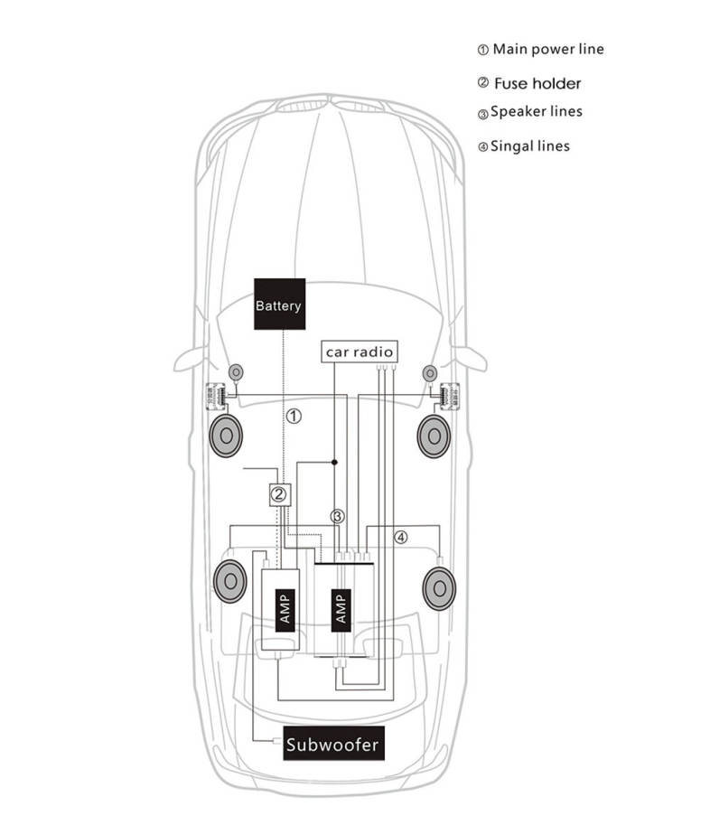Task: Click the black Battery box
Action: click(278, 305)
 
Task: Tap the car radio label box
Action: click(360, 352)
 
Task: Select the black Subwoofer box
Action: click(332, 745)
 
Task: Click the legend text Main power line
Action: click(547, 49)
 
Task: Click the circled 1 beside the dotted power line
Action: click(294, 417)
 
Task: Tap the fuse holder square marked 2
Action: click(279, 494)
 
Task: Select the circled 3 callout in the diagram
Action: click(337, 518)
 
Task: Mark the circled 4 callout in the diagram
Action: click(401, 537)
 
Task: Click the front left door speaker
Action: click(226, 436)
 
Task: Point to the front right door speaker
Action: click(434, 436)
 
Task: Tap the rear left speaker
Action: click(229, 580)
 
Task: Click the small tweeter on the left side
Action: click(236, 371)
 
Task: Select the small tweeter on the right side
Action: click(429, 371)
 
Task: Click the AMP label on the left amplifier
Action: click(282, 609)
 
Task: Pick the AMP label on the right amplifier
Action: click(341, 608)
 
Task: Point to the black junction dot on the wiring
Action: click(334, 462)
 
